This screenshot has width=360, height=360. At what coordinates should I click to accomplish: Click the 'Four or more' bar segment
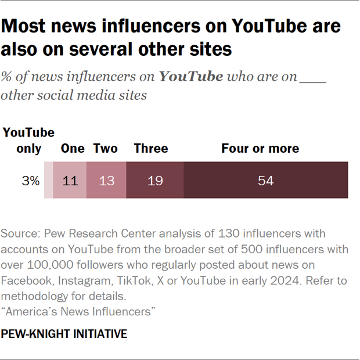[x=266, y=181]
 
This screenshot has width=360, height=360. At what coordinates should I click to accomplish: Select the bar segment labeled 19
[x=155, y=181]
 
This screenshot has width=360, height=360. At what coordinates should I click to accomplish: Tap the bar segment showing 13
[x=106, y=181]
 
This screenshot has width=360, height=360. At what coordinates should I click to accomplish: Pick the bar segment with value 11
[x=70, y=181]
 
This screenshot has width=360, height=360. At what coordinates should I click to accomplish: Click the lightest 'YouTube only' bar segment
[x=48, y=181]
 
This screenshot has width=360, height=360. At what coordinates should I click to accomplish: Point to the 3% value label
[x=30, y=181]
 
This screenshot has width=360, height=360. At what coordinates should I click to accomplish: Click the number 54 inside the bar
[x=265, y=181]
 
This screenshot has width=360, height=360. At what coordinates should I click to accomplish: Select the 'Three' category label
[x=151, y=149]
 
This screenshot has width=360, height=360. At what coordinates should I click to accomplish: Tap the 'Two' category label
[x=105, y=149]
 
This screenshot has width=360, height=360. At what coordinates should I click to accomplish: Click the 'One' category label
[x=73, y=149]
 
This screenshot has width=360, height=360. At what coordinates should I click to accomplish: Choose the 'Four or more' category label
[x=260, y=149]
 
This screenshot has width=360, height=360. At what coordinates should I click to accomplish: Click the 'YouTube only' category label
[x=29, y=141]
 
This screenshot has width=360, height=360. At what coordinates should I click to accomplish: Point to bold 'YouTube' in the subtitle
[x=191, y=77]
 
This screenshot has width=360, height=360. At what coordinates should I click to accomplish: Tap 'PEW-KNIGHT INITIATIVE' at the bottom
[x=64, y=334]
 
